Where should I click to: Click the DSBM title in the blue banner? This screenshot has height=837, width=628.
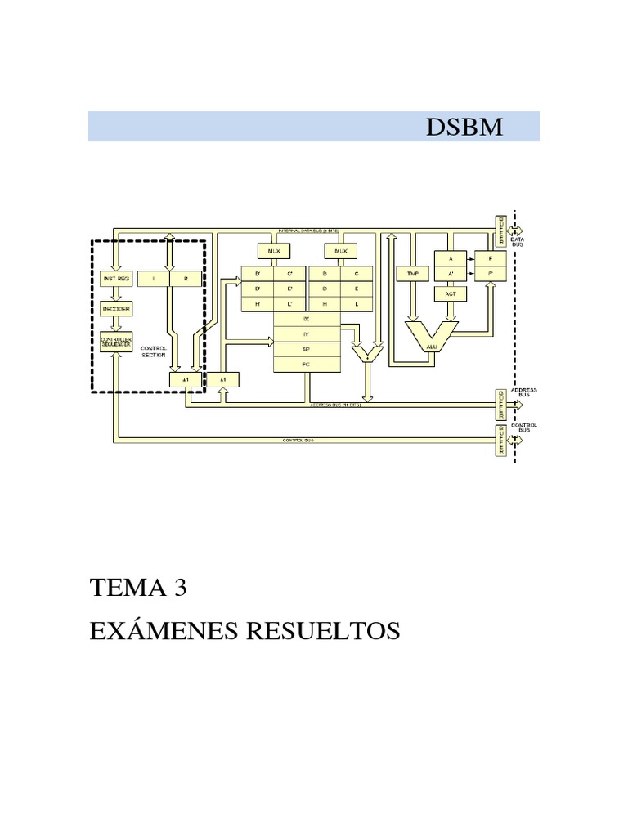coord(464,128)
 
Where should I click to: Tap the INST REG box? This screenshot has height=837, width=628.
coord(115,278)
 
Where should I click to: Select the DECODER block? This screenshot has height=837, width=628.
coord(115,308)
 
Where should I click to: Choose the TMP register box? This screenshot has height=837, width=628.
coord(411,273)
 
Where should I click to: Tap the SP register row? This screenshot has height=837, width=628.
coord(306,347)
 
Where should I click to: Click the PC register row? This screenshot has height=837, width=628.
coord(306,362)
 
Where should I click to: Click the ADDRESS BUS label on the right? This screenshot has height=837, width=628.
coord(524,393)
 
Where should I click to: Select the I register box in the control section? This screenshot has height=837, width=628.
coord(154,278)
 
